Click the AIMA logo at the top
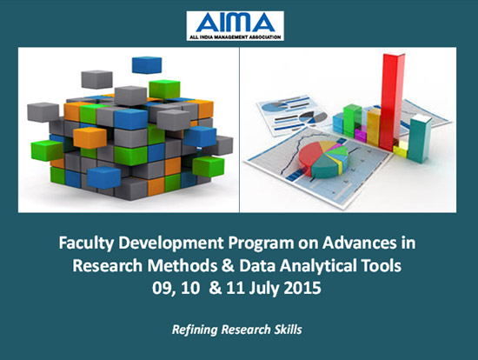pyautogui.click(x=235, y=26)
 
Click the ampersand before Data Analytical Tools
pyautogui.click(x=229, y=265)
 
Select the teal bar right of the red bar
pyautogui.click(x=420, y=139)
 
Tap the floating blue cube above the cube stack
pyautogui.click(x=147, y=65)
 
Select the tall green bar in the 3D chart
pyautogui.click(x=352, y=120)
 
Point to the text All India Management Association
pyautogui.click(x=235, y=37)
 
